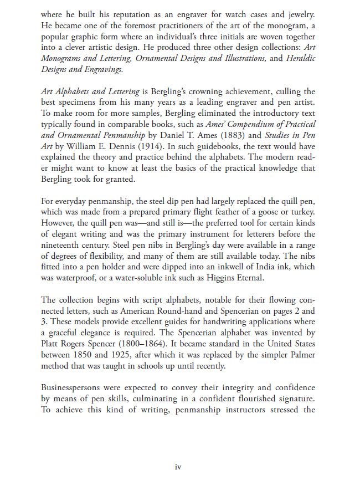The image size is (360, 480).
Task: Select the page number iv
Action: coord(178,467)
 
